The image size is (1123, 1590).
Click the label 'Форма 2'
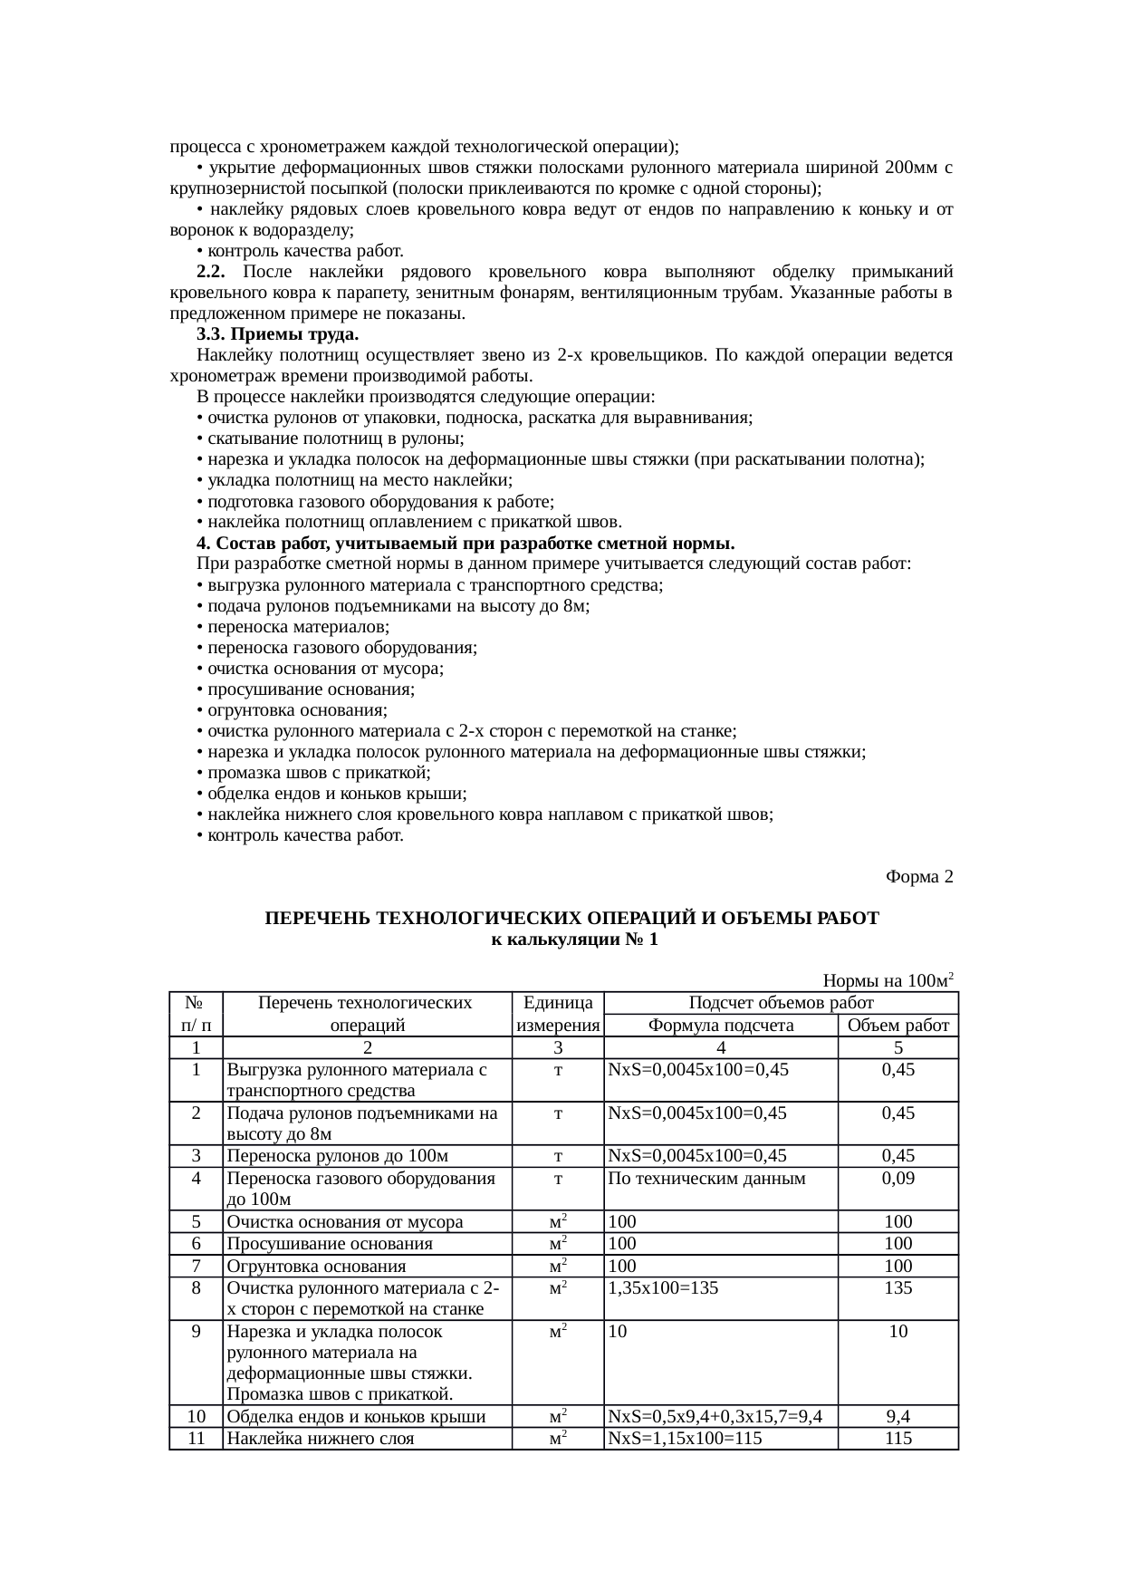coord(918,877)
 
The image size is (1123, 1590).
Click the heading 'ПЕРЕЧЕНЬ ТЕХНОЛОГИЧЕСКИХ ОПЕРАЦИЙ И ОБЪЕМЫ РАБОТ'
coord(571,918)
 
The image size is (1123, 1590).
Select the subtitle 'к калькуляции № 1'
coord(571,940)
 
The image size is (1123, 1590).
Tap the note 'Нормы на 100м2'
coord(888,980)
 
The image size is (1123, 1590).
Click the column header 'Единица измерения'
coord(558,1014)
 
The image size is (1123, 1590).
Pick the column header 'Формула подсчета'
coord(721,1026)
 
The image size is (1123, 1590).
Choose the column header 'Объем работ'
coord(897,1026)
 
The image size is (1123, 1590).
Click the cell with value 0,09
coord(897,1179)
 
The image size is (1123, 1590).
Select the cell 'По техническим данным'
coord(706,1179)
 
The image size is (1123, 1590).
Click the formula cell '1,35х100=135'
coord(663,1287)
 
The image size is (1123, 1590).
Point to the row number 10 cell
coord(196,1417)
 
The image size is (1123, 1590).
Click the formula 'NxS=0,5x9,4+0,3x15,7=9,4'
coord(715,1417)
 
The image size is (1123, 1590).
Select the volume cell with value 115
coord(897,1439)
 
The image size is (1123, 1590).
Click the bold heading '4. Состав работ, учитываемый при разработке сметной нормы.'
coord(465,544)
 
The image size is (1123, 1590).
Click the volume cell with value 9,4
coord(897,1417)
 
